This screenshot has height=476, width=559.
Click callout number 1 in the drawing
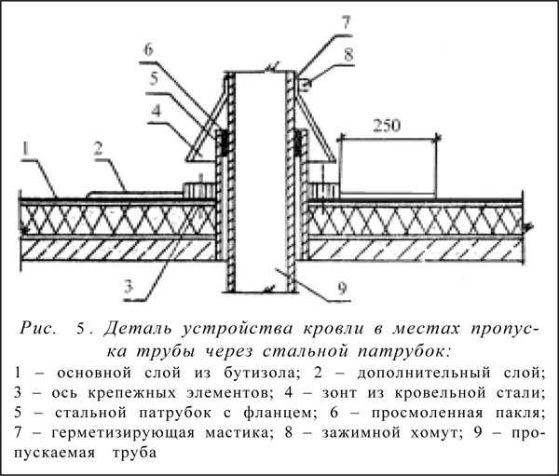click(25, 149)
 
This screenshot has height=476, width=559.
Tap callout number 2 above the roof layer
click(99, 149)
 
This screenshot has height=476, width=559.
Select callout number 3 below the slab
click(129, 286)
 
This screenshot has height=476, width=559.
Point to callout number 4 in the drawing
click(156, 111)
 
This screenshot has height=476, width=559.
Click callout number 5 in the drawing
click(154, 79)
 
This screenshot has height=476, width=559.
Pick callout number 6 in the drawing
click(148, 50)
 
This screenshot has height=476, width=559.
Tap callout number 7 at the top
click(347, 22)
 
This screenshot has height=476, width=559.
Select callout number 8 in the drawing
click(348, 55)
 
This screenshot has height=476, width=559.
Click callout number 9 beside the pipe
click(342, 288)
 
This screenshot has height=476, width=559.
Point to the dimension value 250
click(387, 126)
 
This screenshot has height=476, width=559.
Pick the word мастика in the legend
click(236, 432)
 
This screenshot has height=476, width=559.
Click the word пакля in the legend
click(521, 413)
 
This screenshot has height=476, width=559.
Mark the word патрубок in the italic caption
click(404, 352)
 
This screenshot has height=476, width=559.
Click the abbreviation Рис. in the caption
click(38, 329)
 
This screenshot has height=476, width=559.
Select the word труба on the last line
click(134, 453)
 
